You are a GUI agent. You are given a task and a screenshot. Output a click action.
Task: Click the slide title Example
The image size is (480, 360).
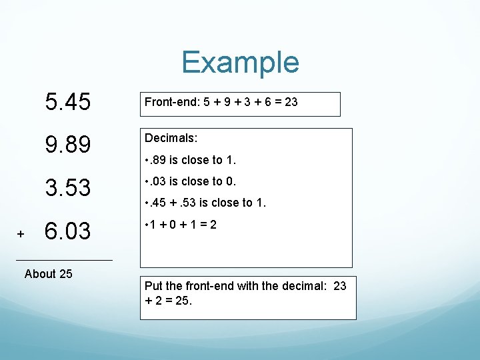(x=240, y=62)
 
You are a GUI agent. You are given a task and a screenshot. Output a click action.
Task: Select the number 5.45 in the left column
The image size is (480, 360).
(x=67, y=102)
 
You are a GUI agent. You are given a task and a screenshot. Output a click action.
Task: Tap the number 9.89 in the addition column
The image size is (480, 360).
(x=67, y=145)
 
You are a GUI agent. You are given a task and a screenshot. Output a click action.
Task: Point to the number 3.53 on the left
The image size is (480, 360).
(x=67, y=188)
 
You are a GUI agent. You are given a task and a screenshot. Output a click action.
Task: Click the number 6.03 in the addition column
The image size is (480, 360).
(x=67, y=231)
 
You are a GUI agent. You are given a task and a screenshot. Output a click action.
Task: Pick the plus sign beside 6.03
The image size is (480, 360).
(x=21, y=234)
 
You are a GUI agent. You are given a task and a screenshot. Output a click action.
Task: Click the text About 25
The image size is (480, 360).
(x=48, y=273)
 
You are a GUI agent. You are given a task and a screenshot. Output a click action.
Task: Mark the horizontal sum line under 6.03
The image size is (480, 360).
(x=63, y=259)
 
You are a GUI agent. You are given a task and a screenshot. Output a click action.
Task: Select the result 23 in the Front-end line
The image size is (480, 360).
(x=291, y=102)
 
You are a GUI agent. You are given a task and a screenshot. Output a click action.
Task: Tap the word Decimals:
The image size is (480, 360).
(x=171, y=137)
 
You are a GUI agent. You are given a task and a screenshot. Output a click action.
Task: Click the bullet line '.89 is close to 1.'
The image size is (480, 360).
(x=191, y=159)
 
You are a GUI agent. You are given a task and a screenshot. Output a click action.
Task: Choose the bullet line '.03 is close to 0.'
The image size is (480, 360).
(x=191, y=181)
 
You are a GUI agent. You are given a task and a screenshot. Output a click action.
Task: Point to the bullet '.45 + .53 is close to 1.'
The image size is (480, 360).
(x=205, y=203)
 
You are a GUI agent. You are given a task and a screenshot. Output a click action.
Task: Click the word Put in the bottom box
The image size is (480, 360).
(x=153, y=285)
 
